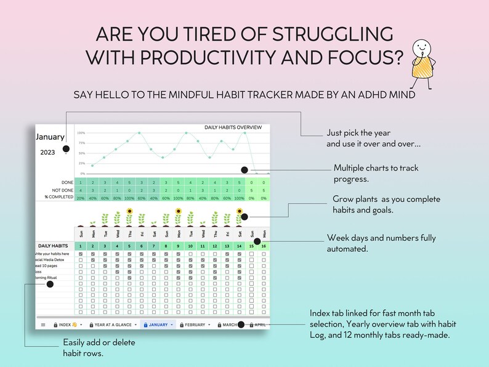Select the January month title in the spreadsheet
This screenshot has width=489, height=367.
pyautogui.click(x=51, y=137)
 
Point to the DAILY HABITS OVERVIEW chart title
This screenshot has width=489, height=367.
pyautogui.click(x=233, y=127)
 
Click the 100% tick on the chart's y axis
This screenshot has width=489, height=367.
pyautogui.click(x=81, y=133)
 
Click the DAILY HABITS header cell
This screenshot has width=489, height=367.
pyautogui.click(x=52, y=246)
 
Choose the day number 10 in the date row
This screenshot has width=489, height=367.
pyautogui.click(x=190, y=246)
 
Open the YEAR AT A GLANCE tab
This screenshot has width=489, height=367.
pyautogui.click(x=115, y=325)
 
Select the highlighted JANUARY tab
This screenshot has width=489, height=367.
pyautogui.click(x=158, y=325)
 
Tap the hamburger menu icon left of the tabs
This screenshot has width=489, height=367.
pyautogui.click(x=43, y=325)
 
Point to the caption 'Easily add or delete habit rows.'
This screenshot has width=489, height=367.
pyautogui.click(x=99, y=347)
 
